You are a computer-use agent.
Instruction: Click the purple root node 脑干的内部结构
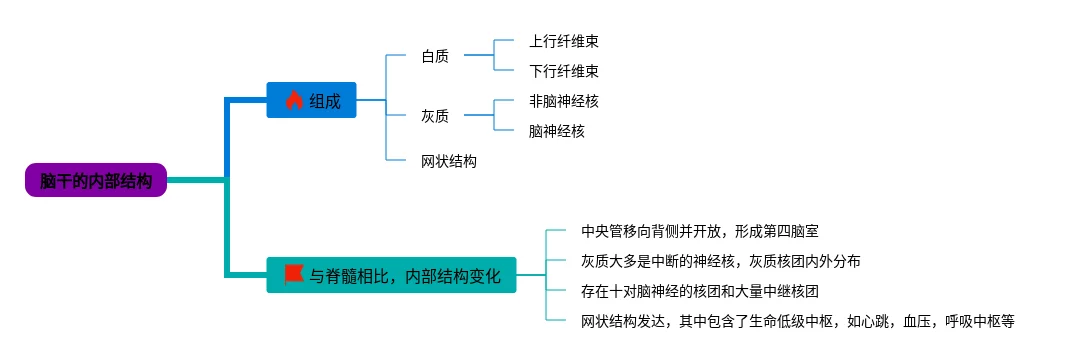96,180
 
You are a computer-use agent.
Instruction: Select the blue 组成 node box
311,100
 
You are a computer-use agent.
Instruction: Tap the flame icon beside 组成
294,101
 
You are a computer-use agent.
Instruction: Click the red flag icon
294,274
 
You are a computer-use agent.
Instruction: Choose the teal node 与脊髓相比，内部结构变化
391,275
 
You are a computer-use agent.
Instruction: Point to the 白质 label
435,56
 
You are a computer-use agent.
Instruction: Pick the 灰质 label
435,116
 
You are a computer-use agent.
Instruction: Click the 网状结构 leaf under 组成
449,162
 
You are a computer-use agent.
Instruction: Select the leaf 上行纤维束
564,41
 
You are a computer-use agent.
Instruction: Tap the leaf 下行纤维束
564,71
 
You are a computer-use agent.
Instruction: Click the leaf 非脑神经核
564,101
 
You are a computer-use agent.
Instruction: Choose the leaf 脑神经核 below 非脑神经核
557,131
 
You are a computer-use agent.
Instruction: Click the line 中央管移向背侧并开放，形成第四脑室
699,231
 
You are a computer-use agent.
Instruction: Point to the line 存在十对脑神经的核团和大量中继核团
699,291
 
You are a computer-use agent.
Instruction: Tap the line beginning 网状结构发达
797,321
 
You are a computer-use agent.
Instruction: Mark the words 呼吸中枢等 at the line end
979,321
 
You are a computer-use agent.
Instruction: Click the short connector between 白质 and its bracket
479,56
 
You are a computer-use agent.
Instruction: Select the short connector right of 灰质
479,115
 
